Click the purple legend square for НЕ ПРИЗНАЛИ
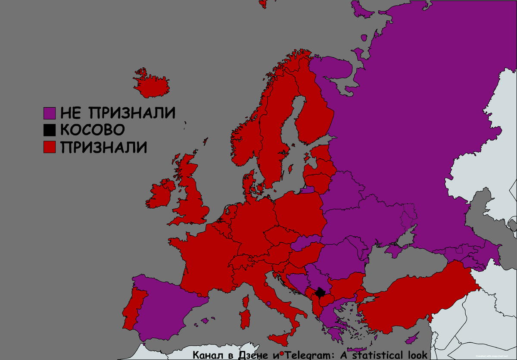[x=50, y=113]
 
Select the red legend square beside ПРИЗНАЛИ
[x=50, y=147]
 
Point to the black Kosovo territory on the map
[x=321, y=293]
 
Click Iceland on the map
[x=151, y=86]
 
